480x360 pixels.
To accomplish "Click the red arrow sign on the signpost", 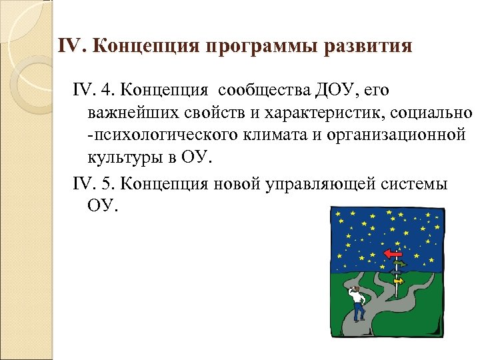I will [x=393, y=253].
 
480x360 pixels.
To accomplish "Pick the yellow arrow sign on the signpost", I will [x=399, y=281].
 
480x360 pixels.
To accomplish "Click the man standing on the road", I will [x=357, y=300].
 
